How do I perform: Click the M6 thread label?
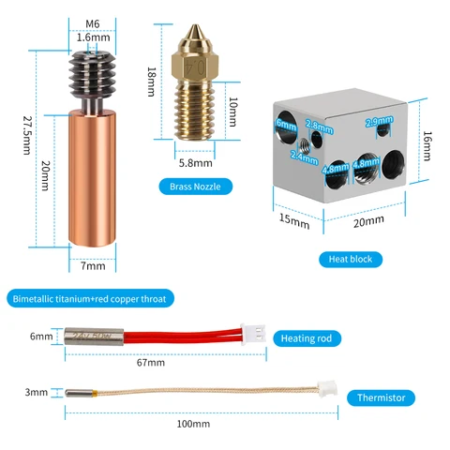click(92, 23)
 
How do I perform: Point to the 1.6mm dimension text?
click(92, 37)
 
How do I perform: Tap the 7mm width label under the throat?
click(93, 265)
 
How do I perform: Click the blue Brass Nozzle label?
click(194, 187)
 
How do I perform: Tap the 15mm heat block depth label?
click(293, 223)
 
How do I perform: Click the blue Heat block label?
click(350, 258)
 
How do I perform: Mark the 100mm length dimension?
click(193, 424)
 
